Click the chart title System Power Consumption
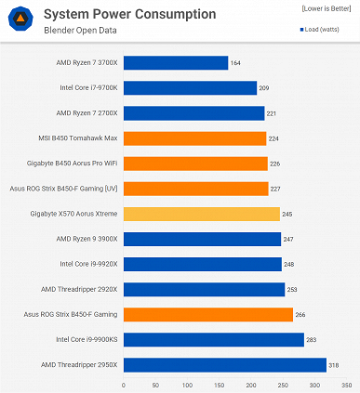129,14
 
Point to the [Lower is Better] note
326,7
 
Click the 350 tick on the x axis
344,383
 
